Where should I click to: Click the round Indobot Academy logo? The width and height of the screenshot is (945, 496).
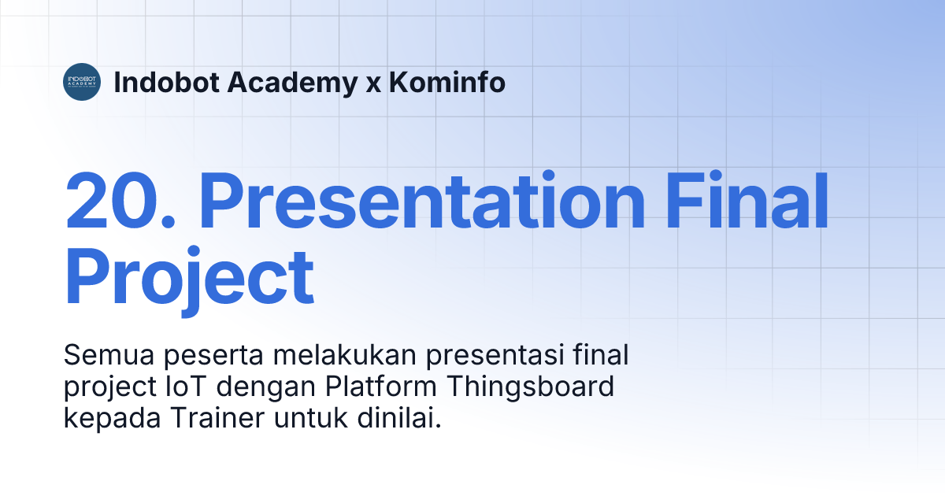click(x=82, y=81)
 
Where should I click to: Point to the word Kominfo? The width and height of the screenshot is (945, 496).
click(x=447, y=82)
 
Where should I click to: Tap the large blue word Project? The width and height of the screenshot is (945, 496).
click(x=189, y=279)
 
